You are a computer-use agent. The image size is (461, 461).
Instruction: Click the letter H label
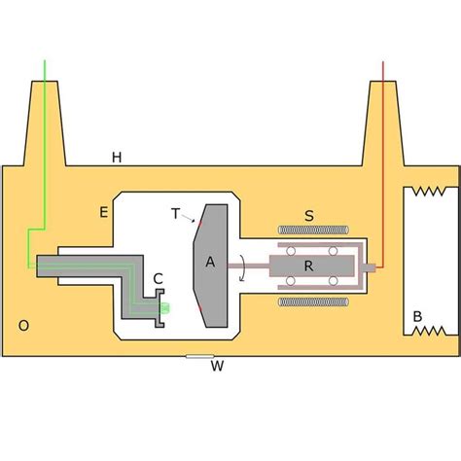tap(118, 158)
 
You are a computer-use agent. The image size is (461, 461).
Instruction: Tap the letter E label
tap(103, 210)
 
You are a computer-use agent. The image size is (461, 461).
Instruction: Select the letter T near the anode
tap(176, 214)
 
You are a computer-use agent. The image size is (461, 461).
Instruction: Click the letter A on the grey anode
tap(209, 262)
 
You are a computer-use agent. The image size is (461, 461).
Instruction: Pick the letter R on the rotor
tap(308, 265)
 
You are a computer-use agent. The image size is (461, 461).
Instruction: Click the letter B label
tap(417, 315)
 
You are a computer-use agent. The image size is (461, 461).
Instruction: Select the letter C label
tap(158, 278)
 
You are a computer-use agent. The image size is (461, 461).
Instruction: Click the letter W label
tap(218, 368)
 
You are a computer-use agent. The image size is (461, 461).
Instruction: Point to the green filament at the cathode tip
tap(163, 308)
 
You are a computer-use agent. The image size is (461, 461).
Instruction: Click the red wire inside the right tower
tap(383, 146)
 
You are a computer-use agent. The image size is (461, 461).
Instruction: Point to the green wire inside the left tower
tap(44, 146)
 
